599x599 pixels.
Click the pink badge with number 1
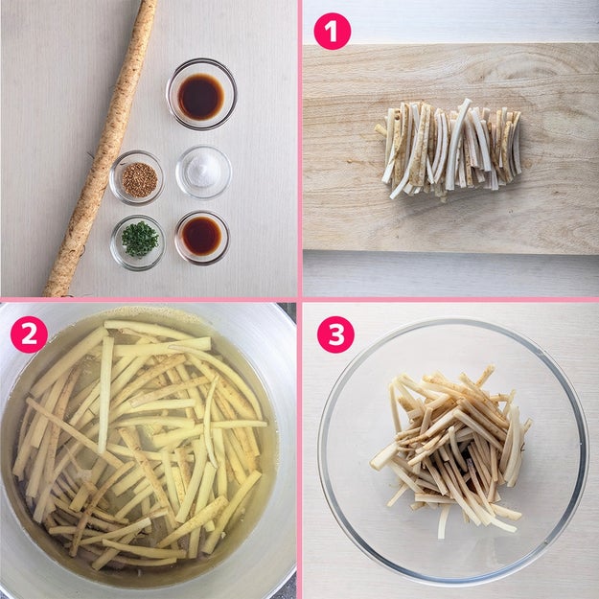click(332, 31)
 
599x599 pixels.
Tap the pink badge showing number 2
click(29, 334)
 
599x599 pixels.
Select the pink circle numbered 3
click(335, 334)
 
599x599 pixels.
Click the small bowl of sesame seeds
click(137, 178)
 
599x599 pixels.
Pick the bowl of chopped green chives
click(138, 242)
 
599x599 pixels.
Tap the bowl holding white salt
click(203, 173)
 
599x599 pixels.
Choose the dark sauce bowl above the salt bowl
click(201, 94)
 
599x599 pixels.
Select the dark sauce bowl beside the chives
click(202, 238)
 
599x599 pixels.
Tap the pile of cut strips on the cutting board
click(449, 147)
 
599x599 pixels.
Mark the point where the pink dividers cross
click(300, 299)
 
